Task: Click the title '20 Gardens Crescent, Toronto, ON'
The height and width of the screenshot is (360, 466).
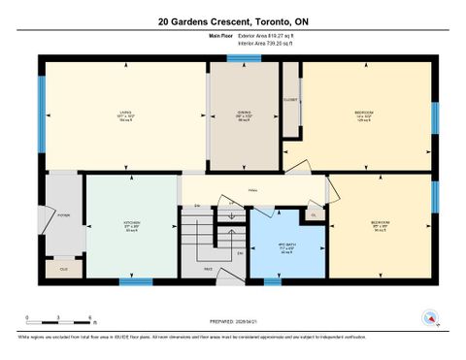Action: tap(232, 21)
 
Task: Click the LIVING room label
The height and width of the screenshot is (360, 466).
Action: tap(125, 115)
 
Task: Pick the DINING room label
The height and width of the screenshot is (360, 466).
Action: tap(245, 115)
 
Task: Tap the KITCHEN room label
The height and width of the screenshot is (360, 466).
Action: tap(132, 226)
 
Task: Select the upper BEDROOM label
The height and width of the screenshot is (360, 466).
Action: tap(365, 115)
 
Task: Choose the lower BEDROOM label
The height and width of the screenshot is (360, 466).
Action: tap(381, 226)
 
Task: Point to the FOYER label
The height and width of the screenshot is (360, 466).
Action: tap(63, 214)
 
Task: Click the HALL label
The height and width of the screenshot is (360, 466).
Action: tap(252, 190)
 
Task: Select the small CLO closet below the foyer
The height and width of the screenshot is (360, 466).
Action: tap(64, 268)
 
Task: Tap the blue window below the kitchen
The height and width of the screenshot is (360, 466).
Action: tap(135, 282)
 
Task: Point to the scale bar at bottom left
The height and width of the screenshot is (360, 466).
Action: tap(58, 318)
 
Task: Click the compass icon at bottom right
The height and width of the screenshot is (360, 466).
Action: tap(428, 316)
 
